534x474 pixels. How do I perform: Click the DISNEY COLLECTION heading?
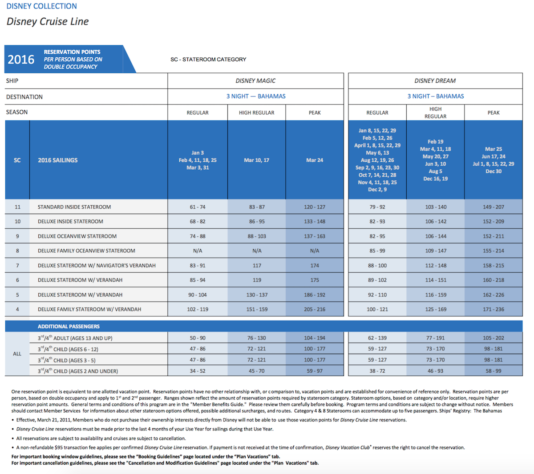(42, 6)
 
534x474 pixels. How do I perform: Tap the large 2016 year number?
(21, 60)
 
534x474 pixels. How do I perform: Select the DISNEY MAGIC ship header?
(255, 81)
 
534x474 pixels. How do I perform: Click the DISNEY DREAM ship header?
(435, 81)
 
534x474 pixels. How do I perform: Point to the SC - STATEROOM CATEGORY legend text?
(208, 60)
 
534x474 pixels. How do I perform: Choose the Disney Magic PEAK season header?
(315, 113)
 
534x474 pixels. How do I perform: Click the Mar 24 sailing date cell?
(315, 160)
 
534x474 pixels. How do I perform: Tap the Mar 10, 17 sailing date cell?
(256, 160)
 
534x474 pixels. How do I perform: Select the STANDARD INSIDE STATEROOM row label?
(74, 207)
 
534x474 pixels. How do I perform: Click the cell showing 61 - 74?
(198, 207)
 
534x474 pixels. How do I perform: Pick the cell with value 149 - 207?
(494, 207)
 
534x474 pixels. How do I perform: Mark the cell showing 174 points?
(315, 265)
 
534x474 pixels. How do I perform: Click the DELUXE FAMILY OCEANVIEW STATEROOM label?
(86, 251)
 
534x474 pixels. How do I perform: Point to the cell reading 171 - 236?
(494, 309)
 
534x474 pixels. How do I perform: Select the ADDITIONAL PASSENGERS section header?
(69, 327)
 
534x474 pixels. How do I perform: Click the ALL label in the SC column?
(17, 354)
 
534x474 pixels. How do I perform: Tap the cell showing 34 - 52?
(198, 371)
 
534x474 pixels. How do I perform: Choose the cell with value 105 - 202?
(494, 338)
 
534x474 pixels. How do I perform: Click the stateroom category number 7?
(17, 265)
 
